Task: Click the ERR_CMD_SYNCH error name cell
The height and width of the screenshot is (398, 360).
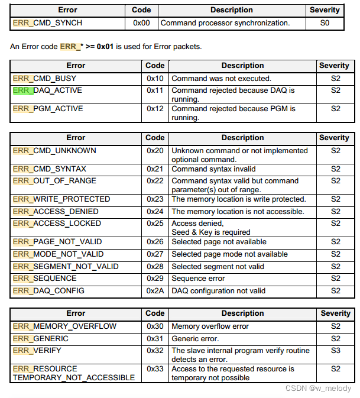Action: point(47,23)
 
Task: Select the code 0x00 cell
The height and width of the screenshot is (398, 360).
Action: point(141,23)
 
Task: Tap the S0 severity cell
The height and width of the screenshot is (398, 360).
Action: point(324,23)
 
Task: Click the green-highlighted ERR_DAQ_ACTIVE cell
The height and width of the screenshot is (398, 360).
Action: point(47,90)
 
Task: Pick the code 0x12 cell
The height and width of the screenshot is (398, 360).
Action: point(155,108)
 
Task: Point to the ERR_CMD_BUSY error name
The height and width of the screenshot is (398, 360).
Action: point(44,78)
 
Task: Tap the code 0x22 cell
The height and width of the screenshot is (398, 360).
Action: point(155,180)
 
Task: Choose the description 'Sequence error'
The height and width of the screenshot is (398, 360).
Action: point(198,278)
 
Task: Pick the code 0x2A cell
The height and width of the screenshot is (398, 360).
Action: point(155,290)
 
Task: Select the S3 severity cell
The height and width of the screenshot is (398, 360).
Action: point(335,350)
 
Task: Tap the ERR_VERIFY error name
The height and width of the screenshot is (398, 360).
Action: point(37,350)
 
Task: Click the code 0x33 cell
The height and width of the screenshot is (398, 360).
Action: point(155,368)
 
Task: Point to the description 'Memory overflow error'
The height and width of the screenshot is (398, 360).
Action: point(210,326)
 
